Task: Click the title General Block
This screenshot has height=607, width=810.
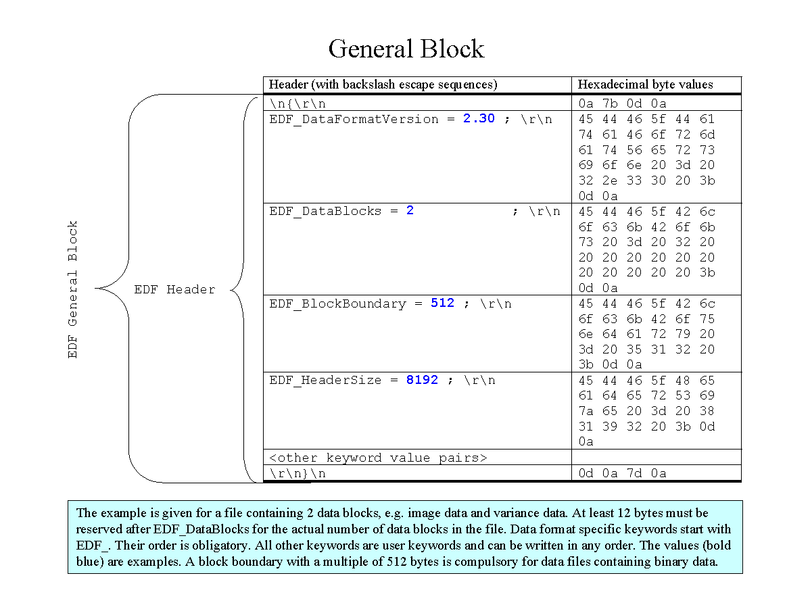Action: click(406, 49)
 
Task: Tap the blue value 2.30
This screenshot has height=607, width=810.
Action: click(479, 118)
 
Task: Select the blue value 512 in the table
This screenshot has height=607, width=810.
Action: click(442, 303)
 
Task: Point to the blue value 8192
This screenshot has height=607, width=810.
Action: click(422, 380)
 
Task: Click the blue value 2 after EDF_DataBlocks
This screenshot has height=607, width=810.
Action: click(410, 211)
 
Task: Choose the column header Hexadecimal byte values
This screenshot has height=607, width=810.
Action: click(645, 84)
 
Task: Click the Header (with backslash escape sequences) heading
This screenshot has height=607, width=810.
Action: click(383, 84)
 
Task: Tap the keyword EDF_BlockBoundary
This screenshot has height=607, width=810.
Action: click(337, 303)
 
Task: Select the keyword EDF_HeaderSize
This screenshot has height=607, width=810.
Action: click(325, 381)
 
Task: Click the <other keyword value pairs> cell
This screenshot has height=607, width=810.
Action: click(378, 458)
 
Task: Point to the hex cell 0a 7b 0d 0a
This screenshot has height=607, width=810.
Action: click(622, 103)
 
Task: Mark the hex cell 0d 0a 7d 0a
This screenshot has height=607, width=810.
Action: click(622, 473)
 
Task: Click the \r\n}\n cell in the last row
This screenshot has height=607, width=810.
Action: click(297, 473)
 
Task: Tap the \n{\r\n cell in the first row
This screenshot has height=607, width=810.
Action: click(297, 103)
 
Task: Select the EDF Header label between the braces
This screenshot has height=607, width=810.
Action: click(174, 289)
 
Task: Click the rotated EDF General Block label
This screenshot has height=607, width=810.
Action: click(73, 289)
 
